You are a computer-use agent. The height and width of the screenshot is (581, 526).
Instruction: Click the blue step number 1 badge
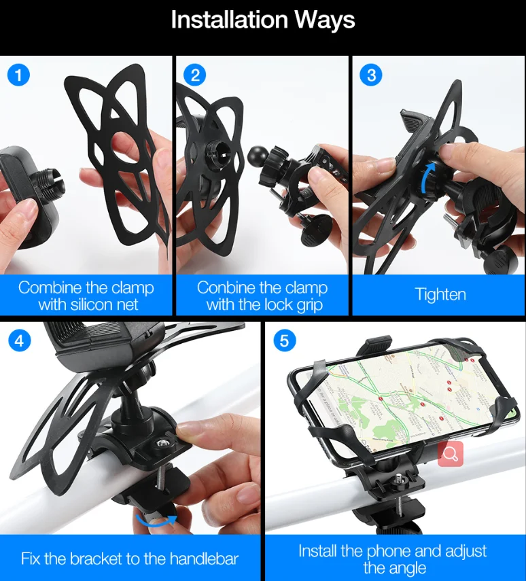(x=18, y=75)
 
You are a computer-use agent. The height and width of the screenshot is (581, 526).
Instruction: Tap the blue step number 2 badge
(x=195, y=75)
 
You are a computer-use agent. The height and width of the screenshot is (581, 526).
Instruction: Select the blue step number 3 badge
(x=372, y=75)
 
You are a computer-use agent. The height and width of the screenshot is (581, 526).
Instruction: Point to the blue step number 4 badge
(x=19, y=340)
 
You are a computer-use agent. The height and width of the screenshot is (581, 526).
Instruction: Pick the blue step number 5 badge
(x=285, y=340)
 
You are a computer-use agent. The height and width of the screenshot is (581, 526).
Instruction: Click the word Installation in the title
(x=230, y=20)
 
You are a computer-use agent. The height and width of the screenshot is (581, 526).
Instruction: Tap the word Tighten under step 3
(x=440, y=295)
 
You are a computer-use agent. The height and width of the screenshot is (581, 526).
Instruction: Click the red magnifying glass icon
(x=451, y=453)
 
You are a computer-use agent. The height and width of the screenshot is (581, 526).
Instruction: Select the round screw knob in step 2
(x=316, y=230)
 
